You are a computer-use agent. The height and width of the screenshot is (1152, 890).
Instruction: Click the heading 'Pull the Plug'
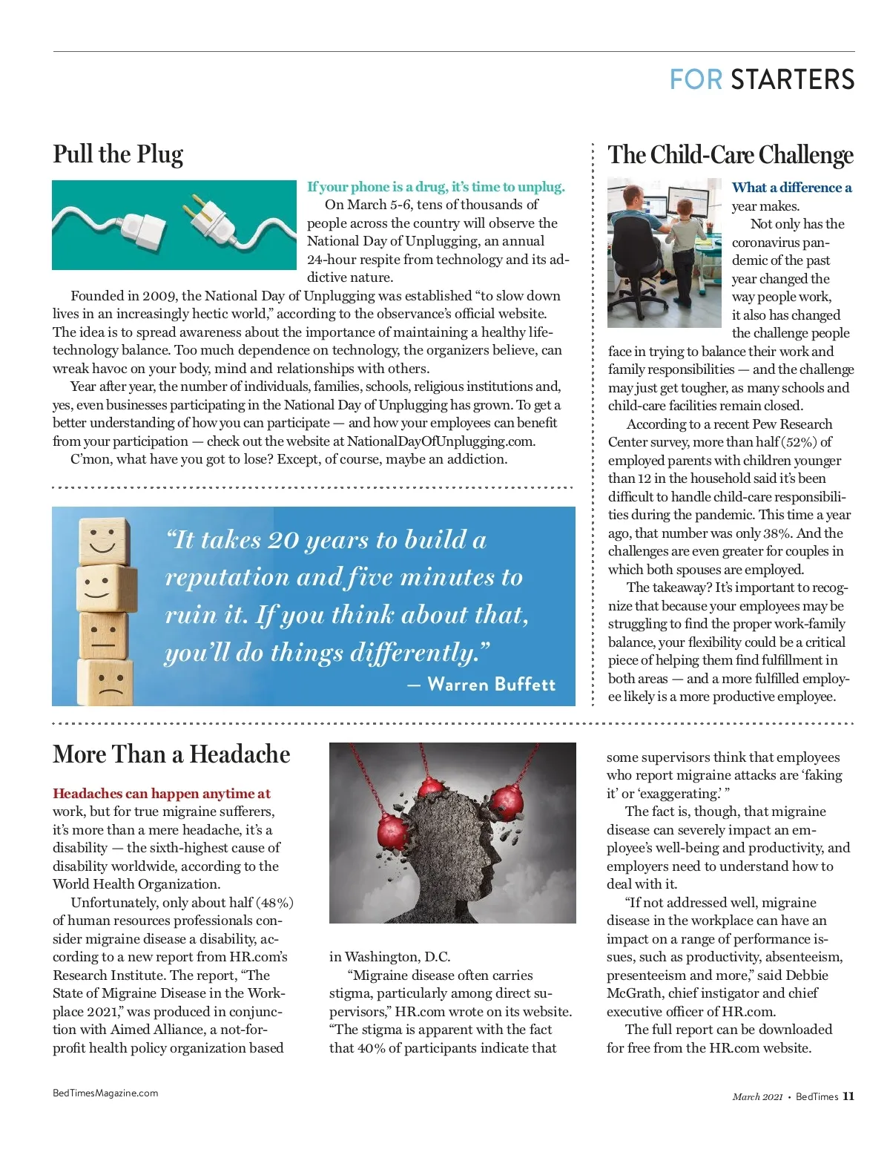pos(118,154)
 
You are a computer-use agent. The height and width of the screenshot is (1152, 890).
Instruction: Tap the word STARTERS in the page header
pos(792,79)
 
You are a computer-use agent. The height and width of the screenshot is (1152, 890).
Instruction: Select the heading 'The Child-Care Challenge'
pos(731,154)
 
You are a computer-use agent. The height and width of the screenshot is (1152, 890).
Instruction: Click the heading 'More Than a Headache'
pos(171,754)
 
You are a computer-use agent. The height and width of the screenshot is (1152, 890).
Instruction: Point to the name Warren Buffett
pos(491,684)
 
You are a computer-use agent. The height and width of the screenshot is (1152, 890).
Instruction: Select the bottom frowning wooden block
pos(107,682)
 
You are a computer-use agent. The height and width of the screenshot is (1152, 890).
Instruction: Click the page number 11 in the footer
pos(848,1096)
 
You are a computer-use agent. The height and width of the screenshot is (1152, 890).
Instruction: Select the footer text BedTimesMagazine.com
pos(105,1093)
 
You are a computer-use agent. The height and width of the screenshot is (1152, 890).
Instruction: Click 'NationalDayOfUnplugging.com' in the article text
pos(441,441)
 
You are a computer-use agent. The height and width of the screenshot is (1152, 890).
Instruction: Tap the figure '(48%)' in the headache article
pos(274,903)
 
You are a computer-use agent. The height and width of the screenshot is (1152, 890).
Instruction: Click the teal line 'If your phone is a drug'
pos(436,187)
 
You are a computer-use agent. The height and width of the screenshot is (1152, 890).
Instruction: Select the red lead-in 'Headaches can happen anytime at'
pos(162,794)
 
